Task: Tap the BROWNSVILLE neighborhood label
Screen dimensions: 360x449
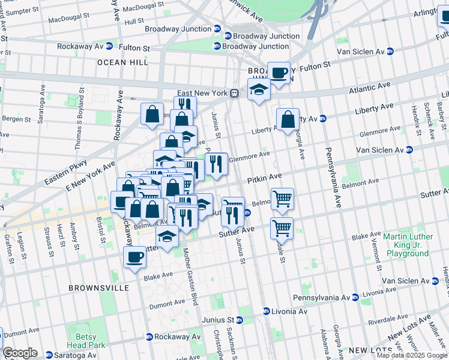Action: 98,288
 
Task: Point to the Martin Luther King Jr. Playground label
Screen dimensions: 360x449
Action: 406,245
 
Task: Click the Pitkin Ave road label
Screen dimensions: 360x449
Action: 264,177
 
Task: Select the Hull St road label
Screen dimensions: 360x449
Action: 133,20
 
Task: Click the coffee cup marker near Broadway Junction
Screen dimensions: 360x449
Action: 279,73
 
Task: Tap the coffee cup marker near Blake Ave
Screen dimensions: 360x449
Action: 135,258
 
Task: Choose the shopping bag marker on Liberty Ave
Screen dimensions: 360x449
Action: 288,119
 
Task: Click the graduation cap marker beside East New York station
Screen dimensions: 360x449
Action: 259,90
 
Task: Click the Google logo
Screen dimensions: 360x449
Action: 20,353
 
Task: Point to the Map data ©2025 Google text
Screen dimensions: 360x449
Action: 412,355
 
